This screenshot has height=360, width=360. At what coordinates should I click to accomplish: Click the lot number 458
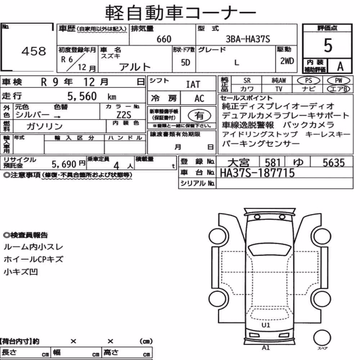click(34, 51)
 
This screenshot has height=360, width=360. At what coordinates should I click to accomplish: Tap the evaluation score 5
click(328, 45)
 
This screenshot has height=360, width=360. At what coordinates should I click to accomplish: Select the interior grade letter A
click(340, 66)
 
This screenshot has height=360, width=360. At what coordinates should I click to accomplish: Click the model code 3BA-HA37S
click(248, 39)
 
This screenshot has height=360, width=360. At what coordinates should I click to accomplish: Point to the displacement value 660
click(164, 39)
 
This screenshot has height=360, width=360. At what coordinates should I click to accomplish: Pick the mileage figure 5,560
click(82, 96)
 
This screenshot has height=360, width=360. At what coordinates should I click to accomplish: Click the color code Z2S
click(124, 115)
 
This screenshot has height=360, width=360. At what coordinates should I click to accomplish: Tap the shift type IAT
click(193, 85)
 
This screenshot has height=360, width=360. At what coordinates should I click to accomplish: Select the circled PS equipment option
click(309, 81)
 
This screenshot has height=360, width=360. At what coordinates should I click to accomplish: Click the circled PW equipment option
click(338, 80)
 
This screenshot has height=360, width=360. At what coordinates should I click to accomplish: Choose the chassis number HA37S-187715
click(257, 173)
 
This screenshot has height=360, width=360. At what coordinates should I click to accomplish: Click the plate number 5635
click(334, 163)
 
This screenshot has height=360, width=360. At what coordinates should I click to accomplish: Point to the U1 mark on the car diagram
click(266, 325)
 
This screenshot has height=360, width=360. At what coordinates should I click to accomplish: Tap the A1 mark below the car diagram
click(266, 347)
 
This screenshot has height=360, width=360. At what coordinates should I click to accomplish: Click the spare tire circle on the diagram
click(322, 338)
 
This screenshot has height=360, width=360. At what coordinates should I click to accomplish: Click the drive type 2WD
click(287, 61)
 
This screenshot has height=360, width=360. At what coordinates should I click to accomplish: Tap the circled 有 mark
click(199, 115)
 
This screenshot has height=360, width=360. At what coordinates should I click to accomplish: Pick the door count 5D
click(185, 62)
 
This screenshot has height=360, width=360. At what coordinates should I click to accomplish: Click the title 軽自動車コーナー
click(180, 13)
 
